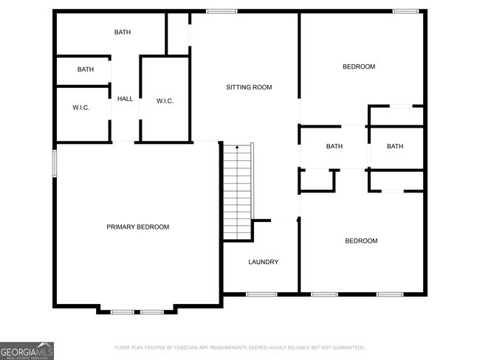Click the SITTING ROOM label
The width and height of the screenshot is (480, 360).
click(249, 87)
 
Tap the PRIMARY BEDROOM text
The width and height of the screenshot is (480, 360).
click(137, 226)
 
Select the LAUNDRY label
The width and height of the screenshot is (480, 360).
click(263, 262)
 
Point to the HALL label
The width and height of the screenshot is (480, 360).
click(126, 99)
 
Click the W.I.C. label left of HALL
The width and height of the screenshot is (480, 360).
click(81, 108)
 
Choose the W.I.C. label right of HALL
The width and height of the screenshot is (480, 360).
click(165, 101)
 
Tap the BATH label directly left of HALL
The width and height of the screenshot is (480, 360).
click(86, 70)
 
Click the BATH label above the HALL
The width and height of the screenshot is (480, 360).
click(122, 32)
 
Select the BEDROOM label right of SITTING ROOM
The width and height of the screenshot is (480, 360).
click(359, 67)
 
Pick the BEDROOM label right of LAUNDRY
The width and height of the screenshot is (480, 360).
click(362, 241)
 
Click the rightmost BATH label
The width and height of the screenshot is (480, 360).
click(395, 146)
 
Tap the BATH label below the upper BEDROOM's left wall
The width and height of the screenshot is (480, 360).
click(335, 146)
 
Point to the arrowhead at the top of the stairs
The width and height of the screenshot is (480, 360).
click(237, 148)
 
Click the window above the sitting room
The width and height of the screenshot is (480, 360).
click(222, 11)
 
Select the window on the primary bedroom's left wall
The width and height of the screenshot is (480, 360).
click(55, 164)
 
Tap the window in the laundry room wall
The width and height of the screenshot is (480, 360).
click(261, 294)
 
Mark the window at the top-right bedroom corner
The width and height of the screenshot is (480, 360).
click(405, 11)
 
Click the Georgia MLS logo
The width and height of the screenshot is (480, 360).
click(27, 350)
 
